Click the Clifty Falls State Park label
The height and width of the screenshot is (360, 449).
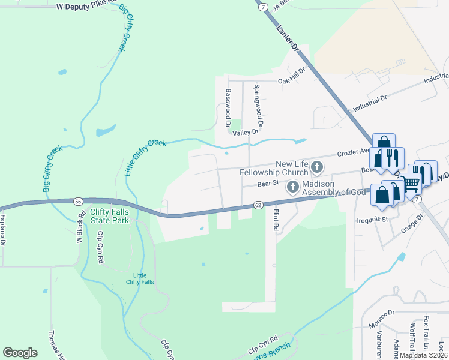109,216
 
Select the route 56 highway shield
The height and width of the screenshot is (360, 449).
78,201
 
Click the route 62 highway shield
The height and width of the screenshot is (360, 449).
258,205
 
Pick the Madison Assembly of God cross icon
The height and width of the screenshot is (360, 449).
292,187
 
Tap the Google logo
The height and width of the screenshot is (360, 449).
20,353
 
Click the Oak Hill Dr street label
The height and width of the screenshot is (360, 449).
291,80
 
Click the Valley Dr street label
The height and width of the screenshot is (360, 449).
246,132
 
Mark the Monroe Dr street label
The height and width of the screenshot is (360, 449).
381,321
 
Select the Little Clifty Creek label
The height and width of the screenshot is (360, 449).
145,157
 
